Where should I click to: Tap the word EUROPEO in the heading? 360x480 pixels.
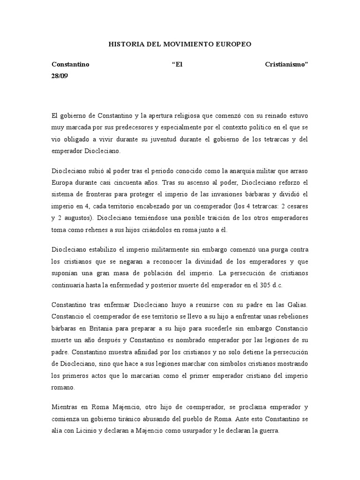pyautogui.click(x=233, y=44)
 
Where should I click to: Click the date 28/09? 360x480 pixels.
pyautogui.click(x=60, y=75)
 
